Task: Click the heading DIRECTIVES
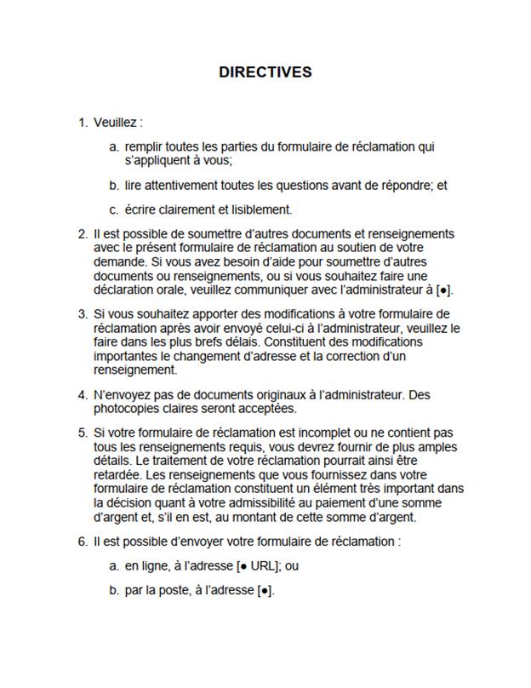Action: tap(265, 72)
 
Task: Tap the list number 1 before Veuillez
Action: tap(83, 123)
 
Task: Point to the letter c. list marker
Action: tap(113, 209)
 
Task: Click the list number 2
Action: tap(83, 233)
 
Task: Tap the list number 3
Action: tap(83, 313)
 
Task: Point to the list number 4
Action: tap(83, 394)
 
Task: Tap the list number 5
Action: tap(83, 433)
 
